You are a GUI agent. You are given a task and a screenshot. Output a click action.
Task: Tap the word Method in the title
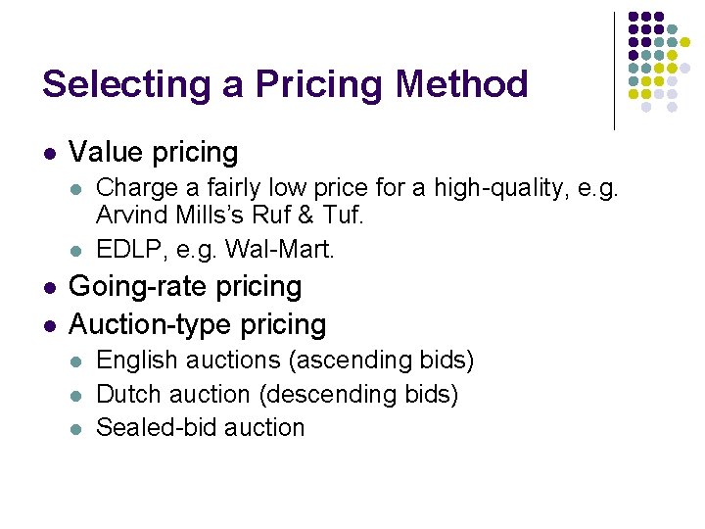tap(461, 84)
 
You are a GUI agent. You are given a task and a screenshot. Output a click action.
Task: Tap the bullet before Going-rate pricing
tap(50, 288)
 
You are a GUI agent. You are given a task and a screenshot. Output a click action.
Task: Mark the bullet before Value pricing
tap(50, 153)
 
